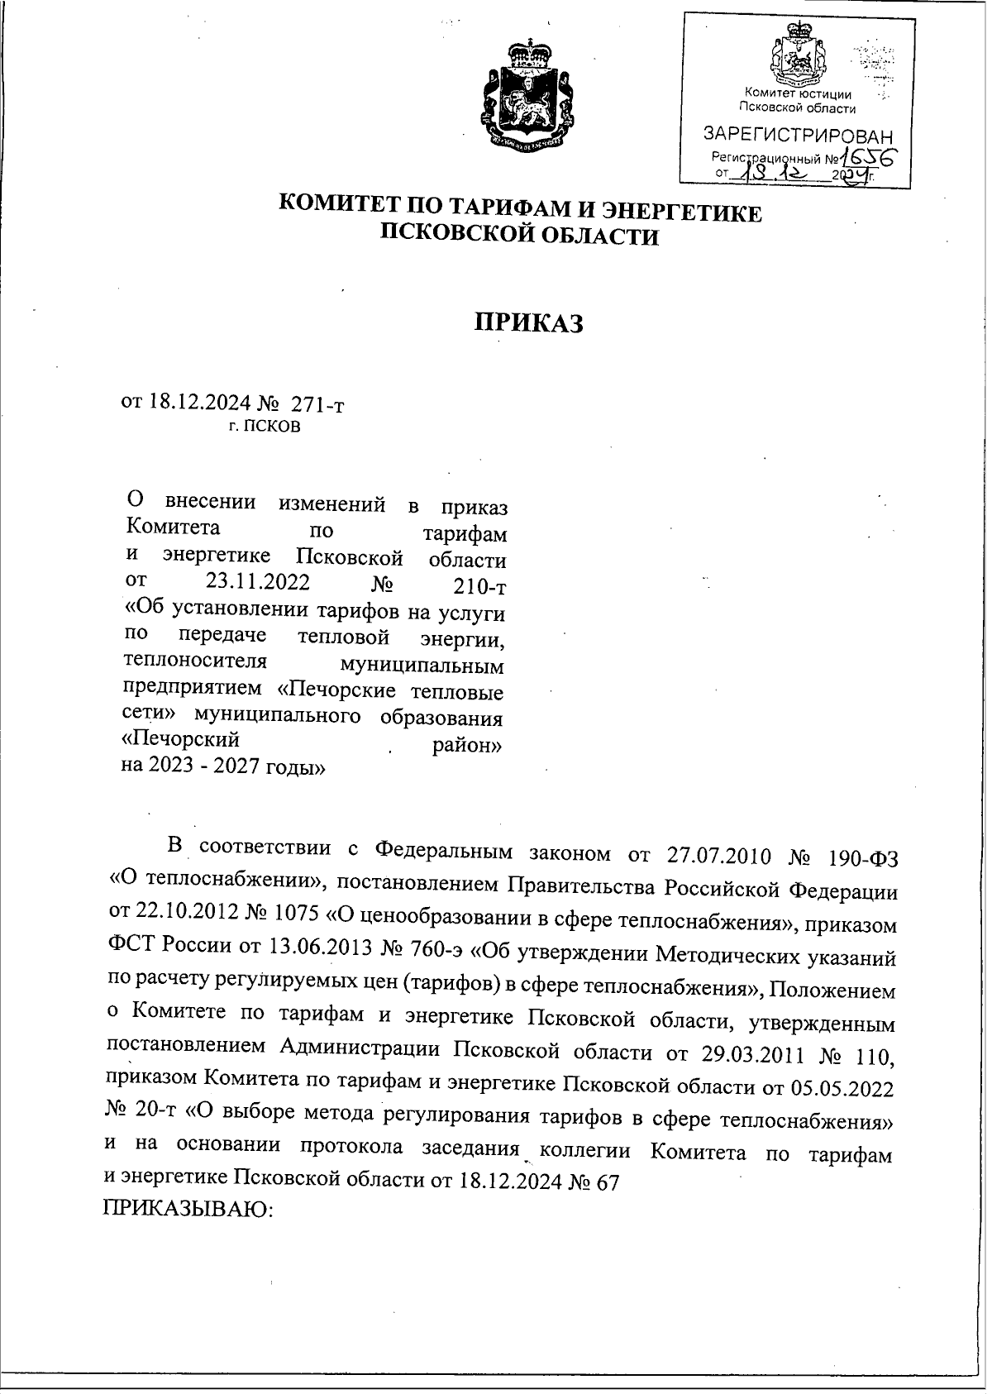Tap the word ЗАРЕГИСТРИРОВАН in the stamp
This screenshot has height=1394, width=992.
pyautogui.click(x=797, y=135)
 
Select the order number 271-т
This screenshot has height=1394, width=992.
pyautogui.click(x=317, y=404)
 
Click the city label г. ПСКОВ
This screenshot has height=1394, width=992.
pyautogui.click(x=265, y=427)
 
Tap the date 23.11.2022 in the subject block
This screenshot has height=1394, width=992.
pyautogui.click(x=257, y=581)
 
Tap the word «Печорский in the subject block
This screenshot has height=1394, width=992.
pyautogui.click(x=182, y=737)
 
